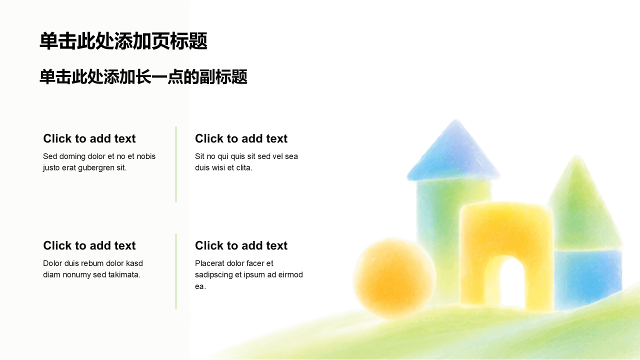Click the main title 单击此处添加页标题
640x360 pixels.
(123, 41)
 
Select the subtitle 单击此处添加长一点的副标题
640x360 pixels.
(143, 76)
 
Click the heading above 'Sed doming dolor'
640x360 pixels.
(89, 138)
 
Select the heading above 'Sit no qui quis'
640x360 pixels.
(241, 138)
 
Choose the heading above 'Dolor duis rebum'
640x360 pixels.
(89, 245)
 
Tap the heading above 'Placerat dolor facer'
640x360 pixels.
(241, 245)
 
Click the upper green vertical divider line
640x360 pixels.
(176, 164)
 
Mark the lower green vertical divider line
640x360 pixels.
(176, 271)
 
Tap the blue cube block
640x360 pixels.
(588, 278)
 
